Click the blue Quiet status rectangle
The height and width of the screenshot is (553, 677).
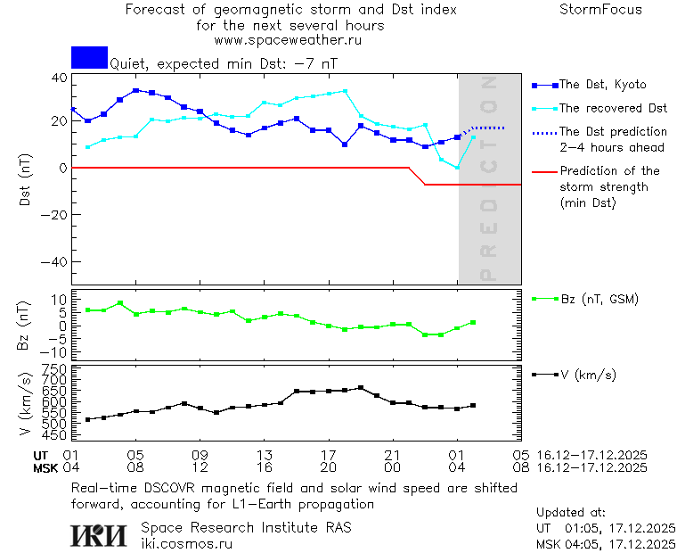coord(89,57)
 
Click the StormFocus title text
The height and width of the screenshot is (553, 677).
coord(600,10)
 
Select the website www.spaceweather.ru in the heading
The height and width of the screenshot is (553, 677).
coord(288,40)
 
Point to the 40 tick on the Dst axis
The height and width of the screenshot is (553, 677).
coord(59,78)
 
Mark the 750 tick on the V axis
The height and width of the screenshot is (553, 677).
coord(55,368)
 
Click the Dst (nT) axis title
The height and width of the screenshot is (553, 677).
coord(25,180)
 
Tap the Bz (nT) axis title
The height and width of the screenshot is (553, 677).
coord(25,326)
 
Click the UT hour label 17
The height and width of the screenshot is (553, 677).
coord(329,454)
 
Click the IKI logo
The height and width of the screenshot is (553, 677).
coord(100,535)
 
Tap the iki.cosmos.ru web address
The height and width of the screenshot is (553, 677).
coord(187,543)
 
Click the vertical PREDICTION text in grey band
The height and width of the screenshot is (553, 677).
coord(488,178)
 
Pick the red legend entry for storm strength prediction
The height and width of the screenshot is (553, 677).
coord(609,186)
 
